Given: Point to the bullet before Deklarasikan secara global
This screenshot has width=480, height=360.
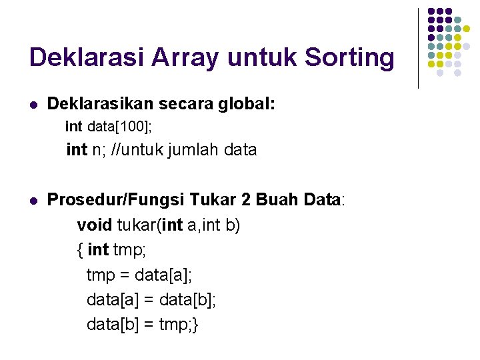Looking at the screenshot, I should pyautogui.click(x=33, y=105).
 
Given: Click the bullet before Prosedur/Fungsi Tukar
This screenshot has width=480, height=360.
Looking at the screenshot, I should pyautogui.click(x=33, y=199).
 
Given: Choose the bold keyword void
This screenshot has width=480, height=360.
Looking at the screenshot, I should pyautogui.click(x=95, y=225).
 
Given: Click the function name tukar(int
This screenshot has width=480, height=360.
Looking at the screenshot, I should pyautogui.click(x=151, y=225).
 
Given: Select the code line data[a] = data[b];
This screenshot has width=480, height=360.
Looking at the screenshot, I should pyautogui.click(x=151, y=299).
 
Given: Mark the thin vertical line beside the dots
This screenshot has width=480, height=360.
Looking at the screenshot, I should pyautogui.click(x=418, y=48).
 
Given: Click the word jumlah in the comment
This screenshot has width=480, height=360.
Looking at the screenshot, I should pyautogui.click(x=197, y=150).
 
